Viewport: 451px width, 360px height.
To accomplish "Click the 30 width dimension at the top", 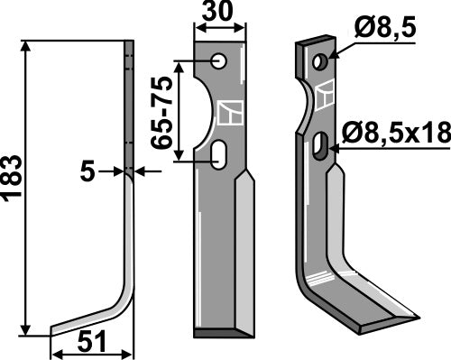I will click(219, 14).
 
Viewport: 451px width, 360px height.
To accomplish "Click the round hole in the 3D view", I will click(319, 61).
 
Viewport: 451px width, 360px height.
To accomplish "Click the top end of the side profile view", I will click(129, 42).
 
